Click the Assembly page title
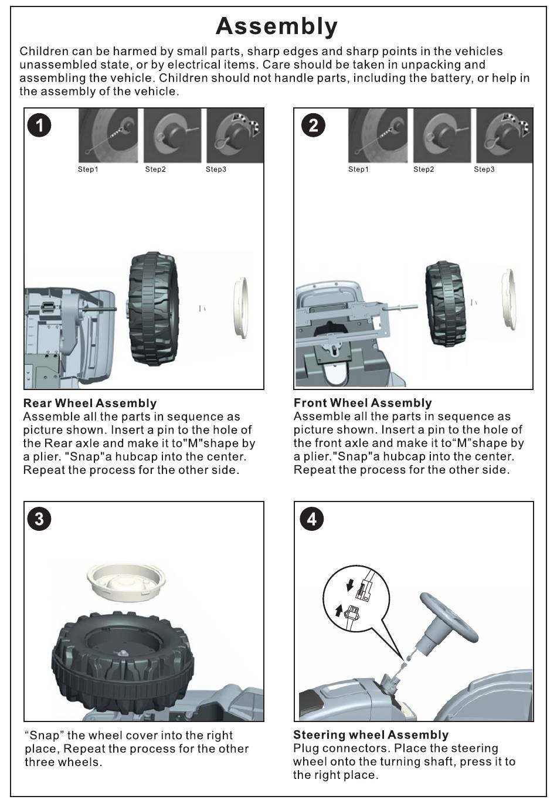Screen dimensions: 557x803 pyautogui.click(x=277, y=26)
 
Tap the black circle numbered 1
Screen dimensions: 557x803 pyautogui.click(x=40, y=125)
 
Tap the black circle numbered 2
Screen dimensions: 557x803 pyautogui.click(x=314, y=125)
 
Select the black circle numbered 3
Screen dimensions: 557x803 pyautogui.click(x=40, y=519)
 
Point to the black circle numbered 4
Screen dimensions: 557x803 pyautogui.click(x=311, y=519)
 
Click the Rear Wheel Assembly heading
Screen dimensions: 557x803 pyautogui.click(x=90, y=403)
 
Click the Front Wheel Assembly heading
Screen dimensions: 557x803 pyautogui.click(x=362, y=403)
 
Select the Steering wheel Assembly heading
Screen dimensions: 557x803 pyautogui.click(x=371, y=735)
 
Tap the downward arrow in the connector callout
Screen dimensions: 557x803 pyautogui.click(x=349, y=584)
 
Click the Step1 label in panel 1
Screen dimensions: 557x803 pyautogui.click(x=88, y=170)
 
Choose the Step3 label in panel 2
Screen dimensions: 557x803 pyautogui.click(x=484, y=170)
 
